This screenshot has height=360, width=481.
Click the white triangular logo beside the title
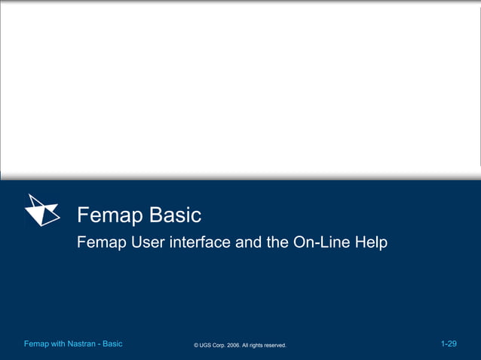[x=42, y=210]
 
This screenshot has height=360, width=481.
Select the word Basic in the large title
[x=175, y=215]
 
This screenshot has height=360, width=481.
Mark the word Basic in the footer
[x=112, y=344]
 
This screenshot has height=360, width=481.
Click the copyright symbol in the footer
[x=196, y=346]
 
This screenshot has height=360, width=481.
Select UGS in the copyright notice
[x=206, y=346]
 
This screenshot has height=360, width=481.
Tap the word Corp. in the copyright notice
[x=222, y=346]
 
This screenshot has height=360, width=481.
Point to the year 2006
[x=240, y=346]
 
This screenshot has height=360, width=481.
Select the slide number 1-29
[x=449, y=344]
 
